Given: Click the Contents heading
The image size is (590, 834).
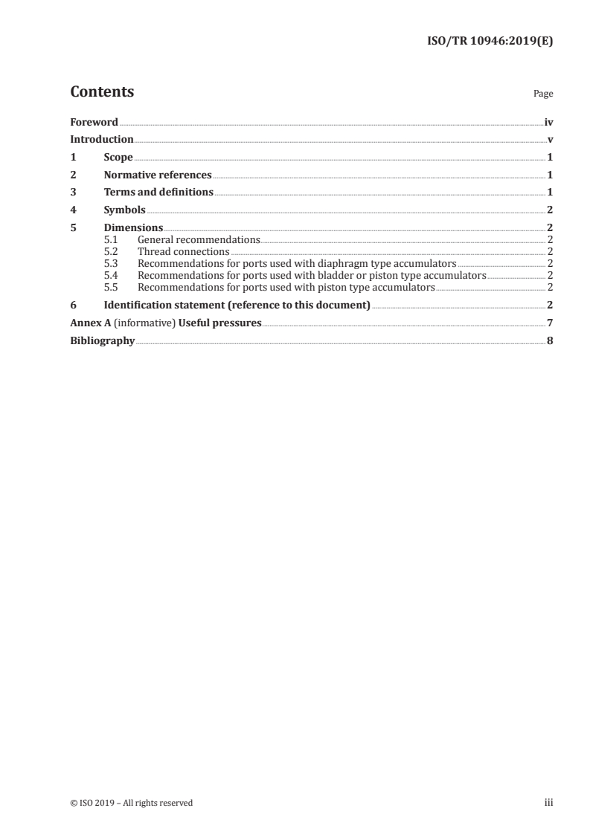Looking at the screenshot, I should (x=102, y=92).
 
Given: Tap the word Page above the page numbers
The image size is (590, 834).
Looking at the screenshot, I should (x=543, y=94).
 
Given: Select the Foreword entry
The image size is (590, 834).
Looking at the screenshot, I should (x=94, y=122).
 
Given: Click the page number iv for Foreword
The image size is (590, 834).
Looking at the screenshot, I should (x=548, y=122).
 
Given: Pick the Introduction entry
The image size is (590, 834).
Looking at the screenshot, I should (x=102, y=140).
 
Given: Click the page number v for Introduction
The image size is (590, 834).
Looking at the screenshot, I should (x=550, y=140).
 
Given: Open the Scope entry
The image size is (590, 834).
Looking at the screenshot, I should (x=118, y=158).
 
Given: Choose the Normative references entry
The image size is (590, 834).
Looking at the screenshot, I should (x=158, y=175).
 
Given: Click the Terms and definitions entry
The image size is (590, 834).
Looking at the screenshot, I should (x=158, y=193).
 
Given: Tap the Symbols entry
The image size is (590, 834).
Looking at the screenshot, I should (x=124, y=210).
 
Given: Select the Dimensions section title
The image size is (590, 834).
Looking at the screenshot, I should (x=133, y=228).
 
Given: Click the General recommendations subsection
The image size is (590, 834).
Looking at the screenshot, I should (x=199, y=240).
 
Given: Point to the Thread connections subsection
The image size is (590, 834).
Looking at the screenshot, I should (x=184, y=252).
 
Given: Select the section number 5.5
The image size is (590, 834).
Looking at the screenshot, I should (x=110, y=287).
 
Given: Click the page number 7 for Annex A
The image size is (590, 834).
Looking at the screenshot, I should (x=550, y=323).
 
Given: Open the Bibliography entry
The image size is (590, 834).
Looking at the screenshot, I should (x=102, y=340).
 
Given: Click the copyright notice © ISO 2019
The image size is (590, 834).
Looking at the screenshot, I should (x=131, y=803).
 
